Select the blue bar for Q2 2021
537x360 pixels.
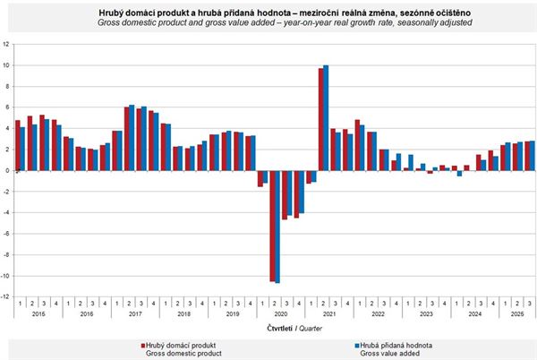tap(326, 117)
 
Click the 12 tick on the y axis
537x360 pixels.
tap(6, 44)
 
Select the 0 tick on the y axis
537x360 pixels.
tap(8, 170)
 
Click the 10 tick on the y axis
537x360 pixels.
tap(6, 65)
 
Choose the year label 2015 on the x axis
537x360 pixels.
tap(38, 314)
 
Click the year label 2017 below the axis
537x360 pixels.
tap(134, 314)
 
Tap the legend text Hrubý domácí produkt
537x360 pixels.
tap(184, 344)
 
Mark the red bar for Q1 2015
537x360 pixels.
tap(18, 145)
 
